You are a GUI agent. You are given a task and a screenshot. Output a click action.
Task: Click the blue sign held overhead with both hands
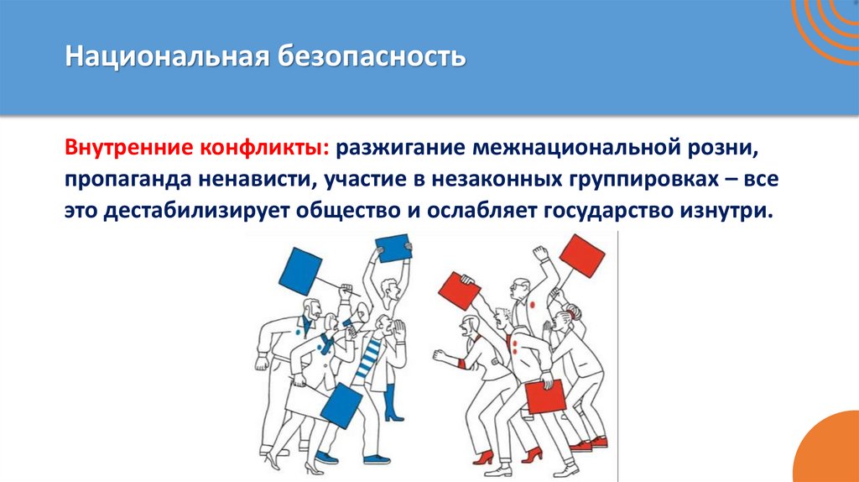(393, 248)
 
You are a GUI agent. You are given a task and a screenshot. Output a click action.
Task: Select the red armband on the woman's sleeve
(462, 364)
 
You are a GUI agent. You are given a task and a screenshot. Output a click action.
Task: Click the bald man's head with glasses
(521, 291)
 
